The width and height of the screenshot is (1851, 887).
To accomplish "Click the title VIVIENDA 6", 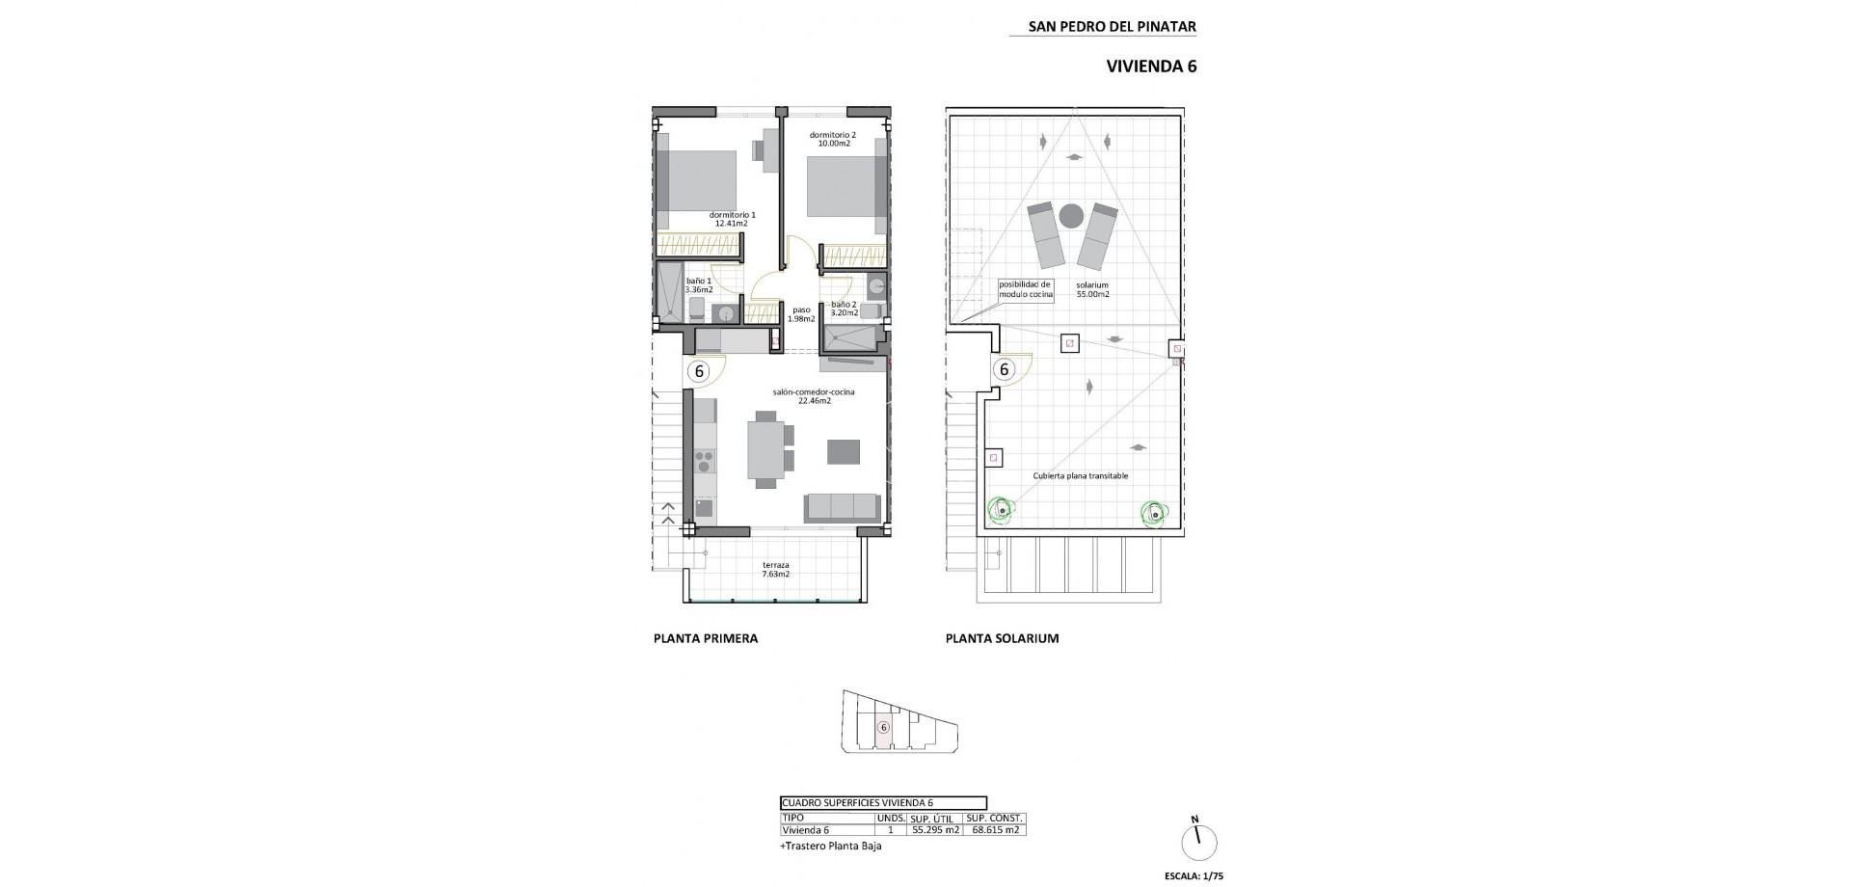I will (x=1150, y=67).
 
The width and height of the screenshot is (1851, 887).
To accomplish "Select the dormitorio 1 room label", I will (x=732, y=219).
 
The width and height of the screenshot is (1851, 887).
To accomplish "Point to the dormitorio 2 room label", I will (x=832, y=139).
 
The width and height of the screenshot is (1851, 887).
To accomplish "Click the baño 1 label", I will (x=699, y=284).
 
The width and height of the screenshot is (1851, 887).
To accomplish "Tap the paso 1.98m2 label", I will (x=801, y=314).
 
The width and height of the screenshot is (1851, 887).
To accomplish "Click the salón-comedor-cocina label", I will (x=814, y=396).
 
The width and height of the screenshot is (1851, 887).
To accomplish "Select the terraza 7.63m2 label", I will (x=775, y=569).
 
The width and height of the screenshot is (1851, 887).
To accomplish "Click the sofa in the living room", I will (x=843, y=508).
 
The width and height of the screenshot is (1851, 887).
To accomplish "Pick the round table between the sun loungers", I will (x=1071, y=216).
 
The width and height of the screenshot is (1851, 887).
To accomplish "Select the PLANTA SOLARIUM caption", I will (x=1002, y=638).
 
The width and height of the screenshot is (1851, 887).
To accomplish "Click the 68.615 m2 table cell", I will (x=995, y=830).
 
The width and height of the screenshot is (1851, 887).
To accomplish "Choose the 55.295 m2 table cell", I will (x=935, y=830).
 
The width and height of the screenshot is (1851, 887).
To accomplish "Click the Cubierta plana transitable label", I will (x=1080, y=476).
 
